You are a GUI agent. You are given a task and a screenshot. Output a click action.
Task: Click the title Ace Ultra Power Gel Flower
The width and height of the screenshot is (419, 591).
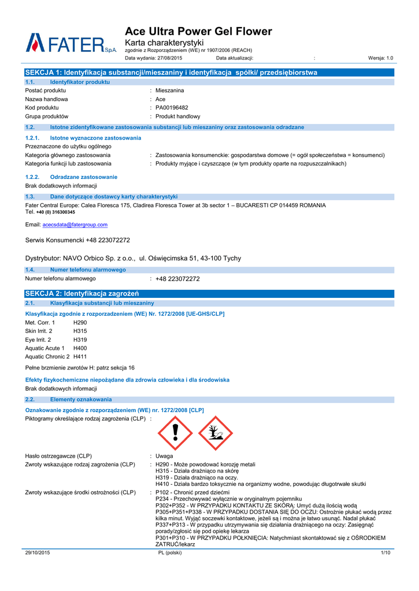tap(198, 31)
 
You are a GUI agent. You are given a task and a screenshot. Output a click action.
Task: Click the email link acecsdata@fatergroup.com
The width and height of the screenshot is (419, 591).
tap(75, 225)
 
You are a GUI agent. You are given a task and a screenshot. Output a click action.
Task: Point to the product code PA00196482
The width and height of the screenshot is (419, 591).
tap(172, 107)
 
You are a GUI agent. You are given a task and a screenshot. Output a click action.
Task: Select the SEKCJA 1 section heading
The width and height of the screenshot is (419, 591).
tap(171, 73)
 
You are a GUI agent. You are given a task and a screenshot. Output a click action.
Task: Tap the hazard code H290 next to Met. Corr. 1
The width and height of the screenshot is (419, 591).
tap(80, 322)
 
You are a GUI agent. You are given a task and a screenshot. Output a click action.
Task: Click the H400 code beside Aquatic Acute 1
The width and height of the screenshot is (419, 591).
tap(80, 348)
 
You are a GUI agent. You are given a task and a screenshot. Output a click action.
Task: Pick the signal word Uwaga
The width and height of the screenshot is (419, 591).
tap(164, 456)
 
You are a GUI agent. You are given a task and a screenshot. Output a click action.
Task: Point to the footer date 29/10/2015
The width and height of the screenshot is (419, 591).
tap(38, 553)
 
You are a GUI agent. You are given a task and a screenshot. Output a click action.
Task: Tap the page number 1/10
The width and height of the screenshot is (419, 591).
tap(386, 553)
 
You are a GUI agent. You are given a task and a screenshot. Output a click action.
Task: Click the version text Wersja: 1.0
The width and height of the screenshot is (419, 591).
tap(380, 58)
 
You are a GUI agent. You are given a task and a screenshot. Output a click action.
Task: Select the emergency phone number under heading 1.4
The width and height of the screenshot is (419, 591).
tap(177, 279)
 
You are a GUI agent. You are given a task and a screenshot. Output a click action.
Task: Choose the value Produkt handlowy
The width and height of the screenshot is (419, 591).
tap(177, 116)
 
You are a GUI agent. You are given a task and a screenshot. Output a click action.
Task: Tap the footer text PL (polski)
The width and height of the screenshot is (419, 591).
tap(170, 553)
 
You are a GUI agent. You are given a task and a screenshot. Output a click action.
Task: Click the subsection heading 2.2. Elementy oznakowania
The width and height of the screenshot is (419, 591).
tap(81, 399)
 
